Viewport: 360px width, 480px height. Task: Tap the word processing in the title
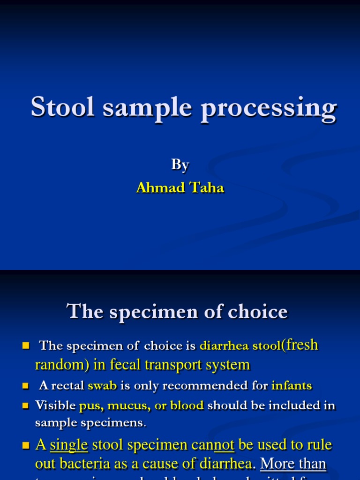coord(269,109)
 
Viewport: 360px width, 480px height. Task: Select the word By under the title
coord(180,165)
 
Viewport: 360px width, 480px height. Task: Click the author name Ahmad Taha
coord(180,187)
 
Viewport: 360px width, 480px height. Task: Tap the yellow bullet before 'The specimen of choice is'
coord(26,346)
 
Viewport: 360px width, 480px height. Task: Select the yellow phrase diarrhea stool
coord(240,346)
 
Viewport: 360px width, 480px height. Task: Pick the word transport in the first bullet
coord(163,365)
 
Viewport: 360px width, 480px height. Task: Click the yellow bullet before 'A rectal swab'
coord(26,386)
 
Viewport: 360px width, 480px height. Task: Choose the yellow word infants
coord(292,386)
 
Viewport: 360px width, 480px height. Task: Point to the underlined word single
coord(69,444)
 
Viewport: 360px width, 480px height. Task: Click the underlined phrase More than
coord(293,464)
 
